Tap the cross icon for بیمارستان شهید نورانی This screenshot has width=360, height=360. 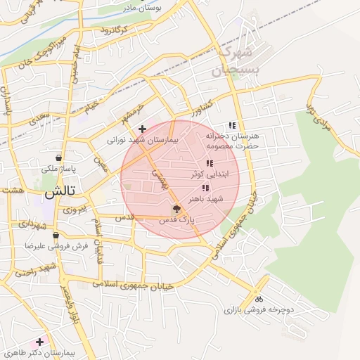coord(143,129)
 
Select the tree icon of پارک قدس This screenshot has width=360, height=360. coord(176,209)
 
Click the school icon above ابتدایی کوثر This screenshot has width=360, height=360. coord(209,163)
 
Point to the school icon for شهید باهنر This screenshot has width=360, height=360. coord(205,188)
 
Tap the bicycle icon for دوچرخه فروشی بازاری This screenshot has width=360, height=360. coord(259,298)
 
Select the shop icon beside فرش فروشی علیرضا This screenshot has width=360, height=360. coord(55,235)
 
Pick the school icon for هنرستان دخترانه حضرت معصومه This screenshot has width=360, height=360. coord(232,125)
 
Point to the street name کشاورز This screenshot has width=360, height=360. coord(200,107)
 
